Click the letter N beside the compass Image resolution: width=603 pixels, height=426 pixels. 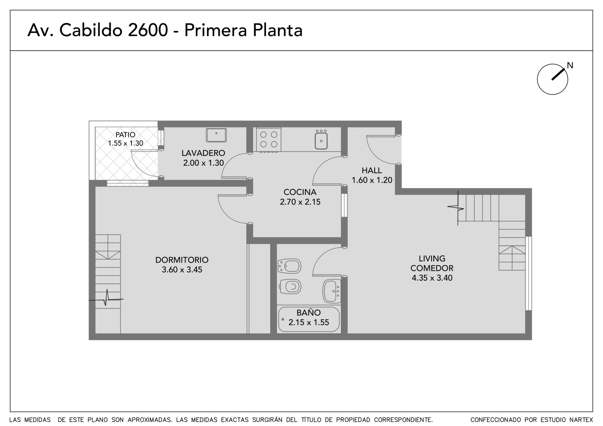click(x=570, y=66)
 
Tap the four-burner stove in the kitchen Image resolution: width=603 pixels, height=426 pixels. click(x=268, y=139)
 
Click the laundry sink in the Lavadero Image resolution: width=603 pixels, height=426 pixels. click(x=216, y=135)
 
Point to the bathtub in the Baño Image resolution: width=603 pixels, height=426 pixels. click(x=309, y=319)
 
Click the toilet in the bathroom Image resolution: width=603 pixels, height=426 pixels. click(x=290, y=287)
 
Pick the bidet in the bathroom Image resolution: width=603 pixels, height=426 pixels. click(x=289, y=266)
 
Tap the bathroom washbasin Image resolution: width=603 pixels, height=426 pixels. click(x=332, y=292)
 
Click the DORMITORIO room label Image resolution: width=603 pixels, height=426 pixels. click(x=182, y=260)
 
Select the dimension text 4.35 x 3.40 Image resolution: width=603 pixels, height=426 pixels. click(x=432, y=278)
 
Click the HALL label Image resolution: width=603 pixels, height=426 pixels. click(x=372, y=170)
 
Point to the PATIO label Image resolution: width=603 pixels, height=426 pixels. click(x=125, y=134)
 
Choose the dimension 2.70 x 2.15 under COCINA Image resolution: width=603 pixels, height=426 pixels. click(x=300, y=202)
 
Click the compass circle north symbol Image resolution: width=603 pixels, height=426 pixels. click(x=552, y=79)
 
